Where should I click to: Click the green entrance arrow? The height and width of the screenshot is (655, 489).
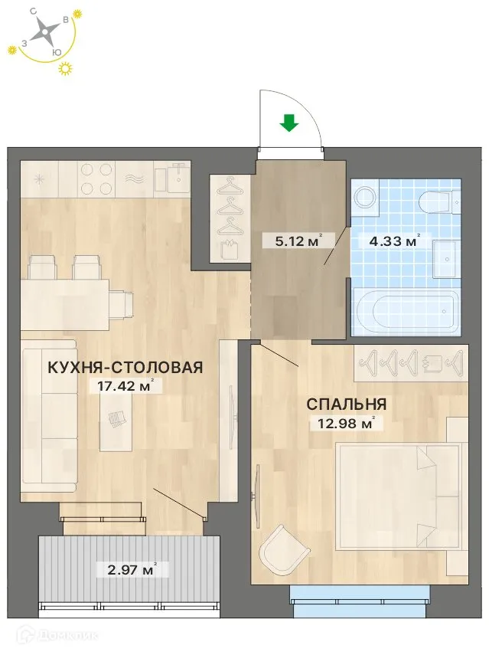pyautogui.click(x=289, y=123)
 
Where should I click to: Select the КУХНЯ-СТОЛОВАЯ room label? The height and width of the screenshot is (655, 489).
pyautogui.click(x=125, y=368)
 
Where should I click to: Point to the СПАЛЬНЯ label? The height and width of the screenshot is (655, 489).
pyautogui.click(x=347, y=404)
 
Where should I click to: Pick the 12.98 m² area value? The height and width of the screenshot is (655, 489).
pyautogui.click(x=345, y=422)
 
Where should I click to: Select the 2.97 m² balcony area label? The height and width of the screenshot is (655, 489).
pyautogui.click(x=126, y=569)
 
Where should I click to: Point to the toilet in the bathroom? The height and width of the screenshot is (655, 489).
pyautogui.click(x=437, y=203)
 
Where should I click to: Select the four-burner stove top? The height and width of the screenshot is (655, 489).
pyautogui.click(x=96, y=180)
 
